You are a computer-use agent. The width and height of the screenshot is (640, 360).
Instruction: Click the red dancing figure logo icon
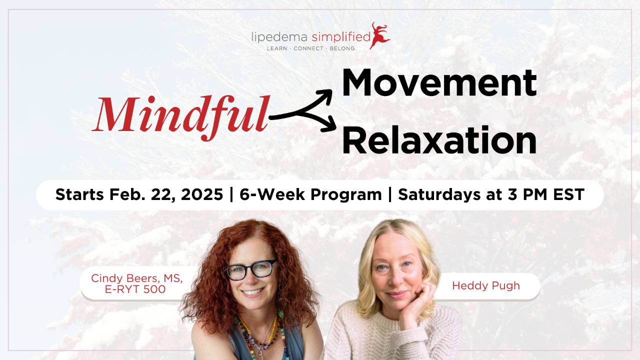pyautogui.click(x=380, y=35)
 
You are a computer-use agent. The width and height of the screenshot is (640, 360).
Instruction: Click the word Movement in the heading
pyautogui.click(x=438, y=82)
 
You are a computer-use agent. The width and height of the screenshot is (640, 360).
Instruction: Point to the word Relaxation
pyautogui.click(x=438, y=140)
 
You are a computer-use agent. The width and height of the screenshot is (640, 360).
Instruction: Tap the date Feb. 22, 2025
pyautogui.click(x=165, y=194)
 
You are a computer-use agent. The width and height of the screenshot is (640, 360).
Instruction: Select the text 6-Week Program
pyautogui.click(x=310, y=194)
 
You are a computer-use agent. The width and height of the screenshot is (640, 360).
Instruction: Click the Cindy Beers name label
pyautogui.click(x=136, y=278)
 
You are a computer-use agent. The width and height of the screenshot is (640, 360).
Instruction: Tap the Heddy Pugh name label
pyautogui.click(x=485, y=285)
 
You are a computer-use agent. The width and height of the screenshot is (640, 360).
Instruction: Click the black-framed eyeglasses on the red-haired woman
pyautogui.click(x=250, y=270)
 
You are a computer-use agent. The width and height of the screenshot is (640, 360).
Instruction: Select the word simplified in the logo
pyautogui.click(x=340, y=37)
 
